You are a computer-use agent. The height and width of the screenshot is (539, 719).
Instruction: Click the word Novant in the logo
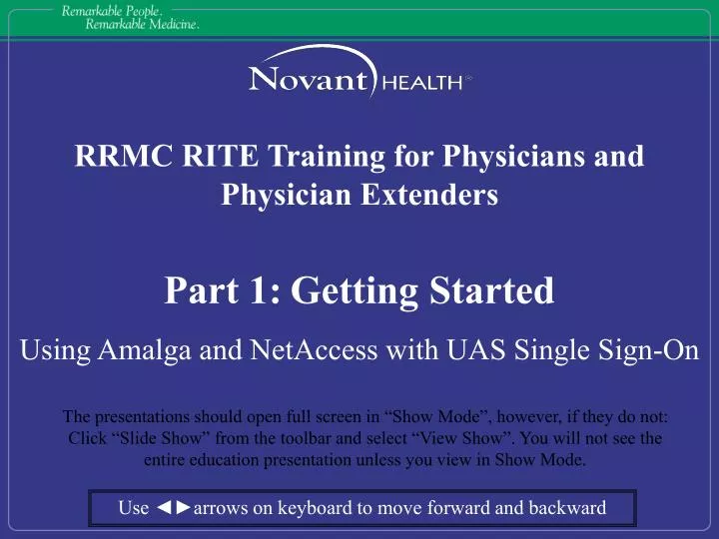(308, 78)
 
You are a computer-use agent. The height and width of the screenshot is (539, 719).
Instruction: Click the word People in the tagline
(140, 10)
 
